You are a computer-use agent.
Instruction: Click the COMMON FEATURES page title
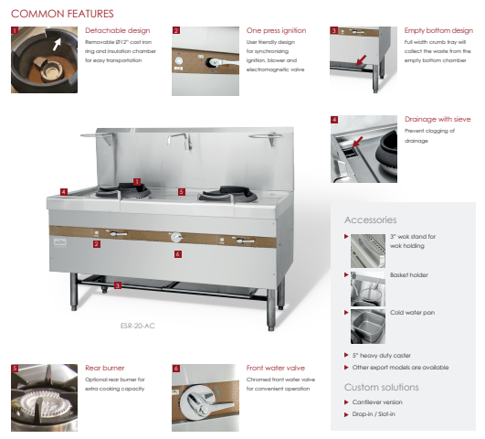coord(62,14)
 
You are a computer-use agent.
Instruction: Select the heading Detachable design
coord(118,30)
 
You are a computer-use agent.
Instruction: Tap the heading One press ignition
coord(276,30)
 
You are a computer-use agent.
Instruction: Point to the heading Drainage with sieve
coord(438,119)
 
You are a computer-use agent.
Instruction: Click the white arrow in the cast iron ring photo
coord(57,45)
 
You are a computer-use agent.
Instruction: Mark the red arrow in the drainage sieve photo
coord(357,142)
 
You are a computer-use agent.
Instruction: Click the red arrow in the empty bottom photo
coord(361,60)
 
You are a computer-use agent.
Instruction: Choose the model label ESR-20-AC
coord(138,326)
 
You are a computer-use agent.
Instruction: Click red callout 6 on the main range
coord(177,254)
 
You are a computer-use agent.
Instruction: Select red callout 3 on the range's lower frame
coord(117,285)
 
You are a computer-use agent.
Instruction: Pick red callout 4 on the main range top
coord(64,192)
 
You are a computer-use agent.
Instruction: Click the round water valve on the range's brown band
coord(176,237)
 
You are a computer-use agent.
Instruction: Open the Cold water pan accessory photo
coord(368,327)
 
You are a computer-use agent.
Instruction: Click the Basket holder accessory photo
coord(368,289)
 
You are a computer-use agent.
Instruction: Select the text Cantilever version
coord(377,402)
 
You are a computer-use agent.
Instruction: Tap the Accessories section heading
coord(371,220)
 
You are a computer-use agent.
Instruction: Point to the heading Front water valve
coord(276,368)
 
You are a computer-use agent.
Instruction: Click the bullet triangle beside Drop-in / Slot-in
coord(346,414)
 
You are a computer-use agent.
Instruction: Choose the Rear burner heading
coord(105,368)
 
